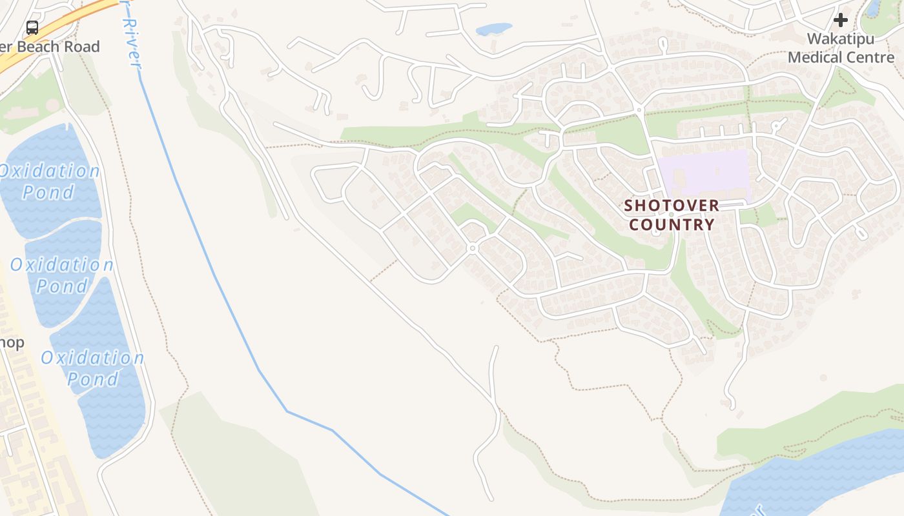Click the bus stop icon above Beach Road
point(32,27)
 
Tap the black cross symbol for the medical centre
point(840,20)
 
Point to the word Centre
point(872,57)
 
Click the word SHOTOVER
point(672,206)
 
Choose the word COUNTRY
point(672,224)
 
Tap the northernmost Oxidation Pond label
point(49,181)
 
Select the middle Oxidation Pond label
point(61,275)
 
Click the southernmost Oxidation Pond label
point(92,368)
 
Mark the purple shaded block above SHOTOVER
point(704,173)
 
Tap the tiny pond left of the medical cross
point(873,8)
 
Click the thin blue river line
point(213,271)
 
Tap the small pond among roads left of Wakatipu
point(494,29)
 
